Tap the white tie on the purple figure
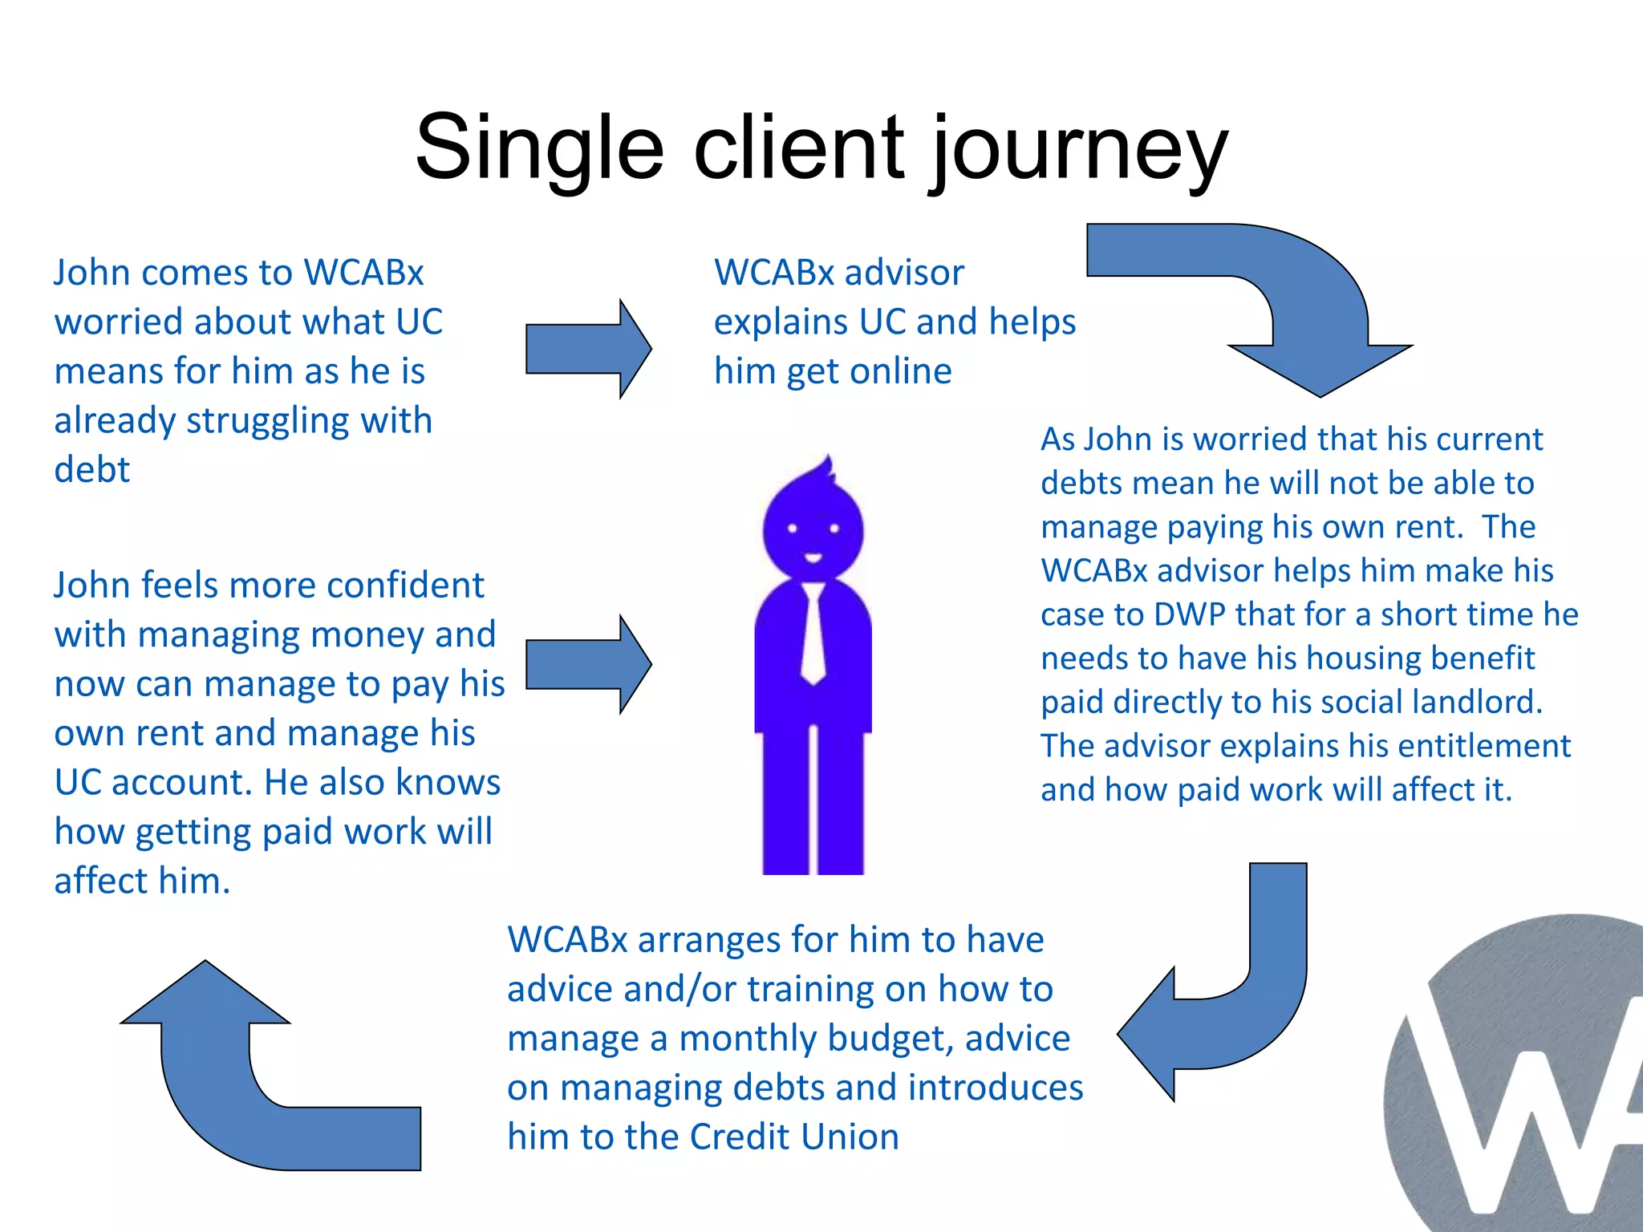(x=813, y=634)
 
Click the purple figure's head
(x=813, y=525)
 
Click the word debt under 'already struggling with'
(x=91, y=470)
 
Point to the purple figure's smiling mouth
(x=813, y=557)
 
